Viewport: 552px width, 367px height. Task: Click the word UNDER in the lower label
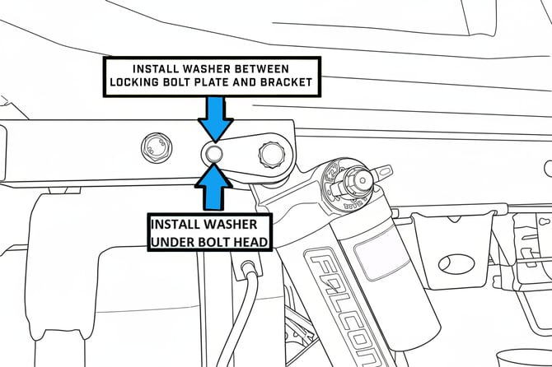pos(176,240)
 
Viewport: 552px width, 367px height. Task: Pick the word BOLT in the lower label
pos(216,240)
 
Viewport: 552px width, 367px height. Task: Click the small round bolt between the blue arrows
pos(214,153)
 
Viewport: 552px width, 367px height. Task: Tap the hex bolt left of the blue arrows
pos(155,148)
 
